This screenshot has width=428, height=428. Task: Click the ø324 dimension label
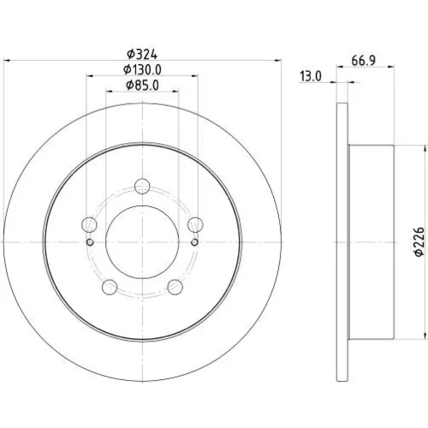142,54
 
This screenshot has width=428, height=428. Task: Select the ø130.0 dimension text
142,70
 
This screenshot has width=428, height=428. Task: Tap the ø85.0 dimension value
142,86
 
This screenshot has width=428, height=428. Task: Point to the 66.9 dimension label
363,61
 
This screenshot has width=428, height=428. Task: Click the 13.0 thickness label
311,76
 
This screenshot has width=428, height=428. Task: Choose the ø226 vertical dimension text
419,242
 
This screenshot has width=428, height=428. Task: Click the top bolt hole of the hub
142,187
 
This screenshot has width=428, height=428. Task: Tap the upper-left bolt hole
89,224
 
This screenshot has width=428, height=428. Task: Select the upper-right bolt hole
195,224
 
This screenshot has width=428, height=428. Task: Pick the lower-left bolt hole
110,287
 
